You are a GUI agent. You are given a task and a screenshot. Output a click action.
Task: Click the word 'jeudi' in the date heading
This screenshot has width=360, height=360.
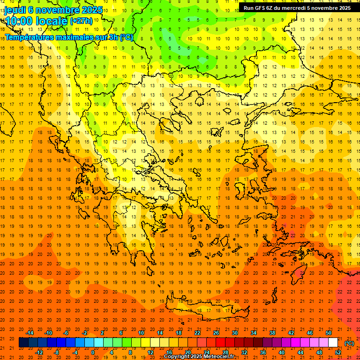tap(15, 10)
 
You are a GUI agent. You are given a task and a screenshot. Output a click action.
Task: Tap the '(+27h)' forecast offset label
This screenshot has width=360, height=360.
tap(81, 21)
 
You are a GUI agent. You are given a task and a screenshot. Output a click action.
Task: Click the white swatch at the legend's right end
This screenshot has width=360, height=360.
tap(333, 343)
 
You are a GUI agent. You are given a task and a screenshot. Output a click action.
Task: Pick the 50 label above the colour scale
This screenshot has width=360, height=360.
tap(329, 333)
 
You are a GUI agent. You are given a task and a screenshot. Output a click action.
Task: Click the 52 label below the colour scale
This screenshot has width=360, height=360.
tap(338, 352)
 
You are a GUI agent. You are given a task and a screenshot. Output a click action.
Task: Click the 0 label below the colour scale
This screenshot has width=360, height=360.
tap(93, 352)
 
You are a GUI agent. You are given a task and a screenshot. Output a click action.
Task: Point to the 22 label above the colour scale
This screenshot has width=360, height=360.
tap(197, 333)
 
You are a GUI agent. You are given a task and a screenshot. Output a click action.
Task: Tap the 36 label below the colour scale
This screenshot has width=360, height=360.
tap(263, 352)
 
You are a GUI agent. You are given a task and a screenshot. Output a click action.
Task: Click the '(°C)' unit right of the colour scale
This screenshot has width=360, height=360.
tap(349, 343)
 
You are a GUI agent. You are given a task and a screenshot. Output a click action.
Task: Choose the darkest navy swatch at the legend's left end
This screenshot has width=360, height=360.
tap(23, 343)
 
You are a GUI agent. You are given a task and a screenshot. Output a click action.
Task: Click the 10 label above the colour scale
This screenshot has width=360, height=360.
tap(141, 333)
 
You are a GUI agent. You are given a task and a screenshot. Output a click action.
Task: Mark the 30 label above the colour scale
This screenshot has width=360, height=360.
tap(235, 333)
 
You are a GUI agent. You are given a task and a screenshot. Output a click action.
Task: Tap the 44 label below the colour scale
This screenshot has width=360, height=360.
tap(300, 352)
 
